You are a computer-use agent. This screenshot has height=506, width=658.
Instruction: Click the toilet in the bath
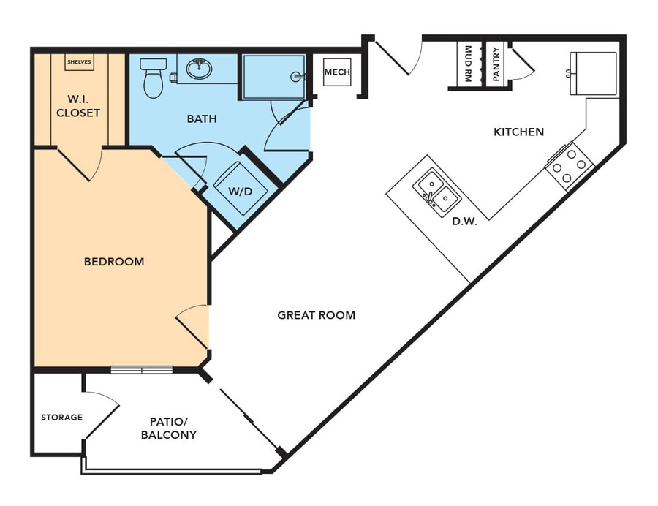pyautogui.click(x=154, y=78)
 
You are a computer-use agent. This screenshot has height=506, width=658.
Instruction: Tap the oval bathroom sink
pyautogui.click(x=199, y=69)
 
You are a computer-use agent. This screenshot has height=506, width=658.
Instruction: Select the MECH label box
pyautogui.click(x=337, y=72)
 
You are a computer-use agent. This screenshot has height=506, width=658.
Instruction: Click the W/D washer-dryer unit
pyautogui.click(x=241, y=189)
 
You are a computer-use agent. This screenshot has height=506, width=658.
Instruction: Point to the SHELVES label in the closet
pyautogui.click(x=79, y=61)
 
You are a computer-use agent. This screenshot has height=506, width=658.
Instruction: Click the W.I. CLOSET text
pyautogui.click(x=78, y=106)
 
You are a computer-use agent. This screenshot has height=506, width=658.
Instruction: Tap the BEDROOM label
pyautogui.click(x=114, y=261)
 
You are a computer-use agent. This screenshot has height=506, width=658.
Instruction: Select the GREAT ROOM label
pyautogui.click(x=317, y=315)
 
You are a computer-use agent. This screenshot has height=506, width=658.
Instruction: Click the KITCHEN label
pyautogui.click(x=518, y=132)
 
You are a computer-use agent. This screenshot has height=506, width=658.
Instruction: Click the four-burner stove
pyautogui.click(x=570, y=167)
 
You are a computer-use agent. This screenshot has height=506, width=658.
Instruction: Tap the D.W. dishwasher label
pyautogui.click(x=464, y=222)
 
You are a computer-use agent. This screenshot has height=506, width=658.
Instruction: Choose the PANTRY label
pyautogui.click(x=496, y=64)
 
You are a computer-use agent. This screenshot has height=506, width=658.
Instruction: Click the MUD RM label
pyautogui.click(x=469, y=64)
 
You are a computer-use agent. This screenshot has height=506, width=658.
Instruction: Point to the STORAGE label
pyautogui.click(x=61, y=417)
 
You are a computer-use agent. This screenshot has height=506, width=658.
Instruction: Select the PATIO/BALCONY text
pyautogui.click(x=169, y=428)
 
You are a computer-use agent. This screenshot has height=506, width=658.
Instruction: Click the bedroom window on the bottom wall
pyautogui.click(x=141, y=370)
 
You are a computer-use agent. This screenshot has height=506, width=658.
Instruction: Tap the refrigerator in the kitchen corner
pyautogui.click(x=593, y=73)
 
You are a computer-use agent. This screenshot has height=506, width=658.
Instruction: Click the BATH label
pyautogui.click(x=202, y=118)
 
